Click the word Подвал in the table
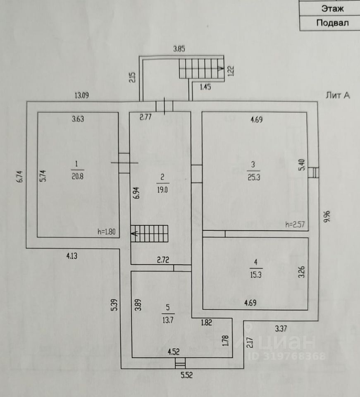click(332, 23)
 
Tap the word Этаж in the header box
click(332, 8)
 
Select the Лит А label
click(338, 96)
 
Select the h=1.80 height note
click(107, 232)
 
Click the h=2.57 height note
click(295, 225)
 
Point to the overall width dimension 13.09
click(81, 96)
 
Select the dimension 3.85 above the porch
click(179, 49)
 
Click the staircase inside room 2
click(150, 234)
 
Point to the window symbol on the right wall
click(314, 172)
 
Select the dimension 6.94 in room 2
click(136, 192)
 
